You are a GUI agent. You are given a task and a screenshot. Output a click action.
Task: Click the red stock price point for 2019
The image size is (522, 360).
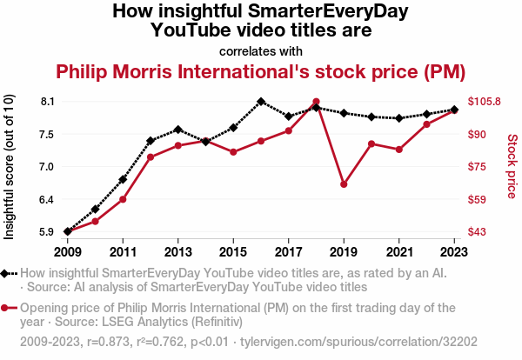(x=344, y=184)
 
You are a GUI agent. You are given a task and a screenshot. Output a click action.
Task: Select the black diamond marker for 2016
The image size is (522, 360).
(x=261, y=101)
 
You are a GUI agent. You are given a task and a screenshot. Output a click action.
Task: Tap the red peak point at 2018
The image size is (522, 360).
(x=316, y=102)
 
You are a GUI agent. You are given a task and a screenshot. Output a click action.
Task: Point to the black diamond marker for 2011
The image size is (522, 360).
(x=123, y=179)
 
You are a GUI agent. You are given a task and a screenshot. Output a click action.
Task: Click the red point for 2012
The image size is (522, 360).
(x=151, y=157)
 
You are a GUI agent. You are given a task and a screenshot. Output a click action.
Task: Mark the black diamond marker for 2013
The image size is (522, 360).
(x=177, y=130)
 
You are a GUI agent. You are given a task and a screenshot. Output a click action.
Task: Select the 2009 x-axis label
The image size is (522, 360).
(x=67, y=252)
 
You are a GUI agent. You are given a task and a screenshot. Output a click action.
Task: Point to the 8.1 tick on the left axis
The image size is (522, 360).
(x=47, y=102)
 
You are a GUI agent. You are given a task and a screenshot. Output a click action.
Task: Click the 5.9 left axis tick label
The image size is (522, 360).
(x=47, y=232)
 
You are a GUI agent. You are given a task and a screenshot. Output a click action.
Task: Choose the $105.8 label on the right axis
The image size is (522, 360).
(x=485, y=102)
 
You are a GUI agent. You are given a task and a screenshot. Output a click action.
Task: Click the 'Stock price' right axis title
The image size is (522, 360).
(x=512, y=165)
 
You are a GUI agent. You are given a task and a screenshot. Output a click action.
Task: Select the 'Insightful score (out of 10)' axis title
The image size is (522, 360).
(x=10, y=165)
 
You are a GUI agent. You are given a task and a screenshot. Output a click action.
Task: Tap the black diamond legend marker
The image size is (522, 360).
(x=8, y=273)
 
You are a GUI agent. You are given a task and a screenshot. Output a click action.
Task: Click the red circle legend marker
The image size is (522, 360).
(x=8, y=308)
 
